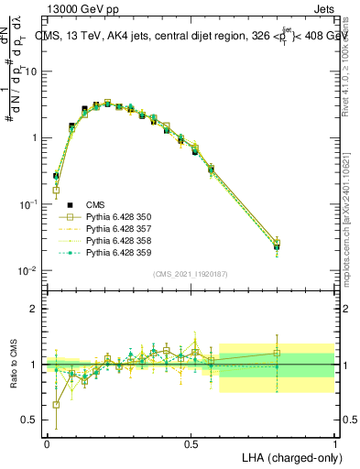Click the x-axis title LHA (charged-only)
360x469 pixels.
(292, 456)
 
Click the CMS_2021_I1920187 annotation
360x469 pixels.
(190, 274)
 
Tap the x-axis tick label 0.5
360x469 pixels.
(191, 442)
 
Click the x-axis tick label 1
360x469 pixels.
(335, 442)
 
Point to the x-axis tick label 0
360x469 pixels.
(47, 442)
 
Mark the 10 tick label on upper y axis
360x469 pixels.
(31, 71)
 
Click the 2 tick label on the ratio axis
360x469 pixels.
(35, 309)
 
